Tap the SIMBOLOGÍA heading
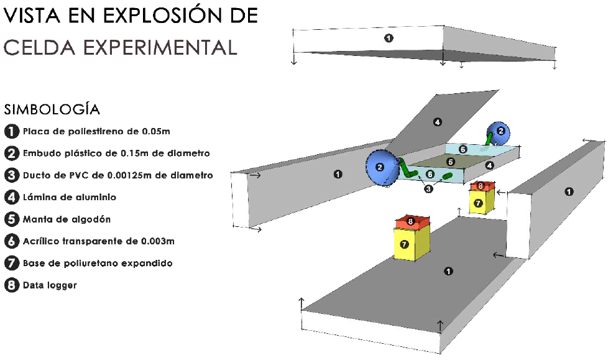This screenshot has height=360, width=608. tap(52, 109)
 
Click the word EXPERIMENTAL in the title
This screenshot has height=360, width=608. tap(162, 47)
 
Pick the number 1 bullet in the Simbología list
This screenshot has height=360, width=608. tap(11, 131)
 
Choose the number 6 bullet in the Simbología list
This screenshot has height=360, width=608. tap(11, 241)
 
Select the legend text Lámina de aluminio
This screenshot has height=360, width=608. tap(70, 197)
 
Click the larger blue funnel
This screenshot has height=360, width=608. tap(380, 167)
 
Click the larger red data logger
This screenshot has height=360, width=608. tap(412, 221)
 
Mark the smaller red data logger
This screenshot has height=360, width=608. tap(482, 185)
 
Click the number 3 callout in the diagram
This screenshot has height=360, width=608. tap(428, 189)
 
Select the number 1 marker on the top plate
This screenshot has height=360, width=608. tap(389, 38)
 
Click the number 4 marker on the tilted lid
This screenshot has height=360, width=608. tap(437, 122)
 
